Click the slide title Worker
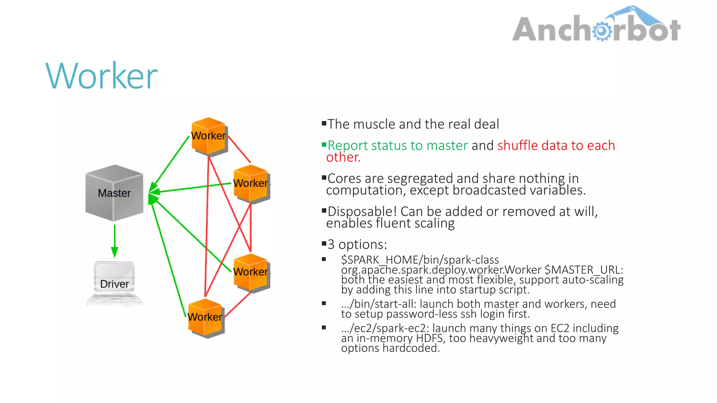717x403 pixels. [102, 76]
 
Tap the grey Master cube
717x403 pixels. [114, 193]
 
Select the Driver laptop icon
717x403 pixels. [114, 283]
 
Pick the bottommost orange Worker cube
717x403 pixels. [205, 317]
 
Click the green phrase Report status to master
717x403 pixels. [398, 146]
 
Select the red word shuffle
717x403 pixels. [517, 146]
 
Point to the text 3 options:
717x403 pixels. [357, 245]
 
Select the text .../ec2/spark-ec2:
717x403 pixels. [385, 328]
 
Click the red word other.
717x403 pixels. [343, 157]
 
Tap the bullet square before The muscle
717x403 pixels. [324, 123]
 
